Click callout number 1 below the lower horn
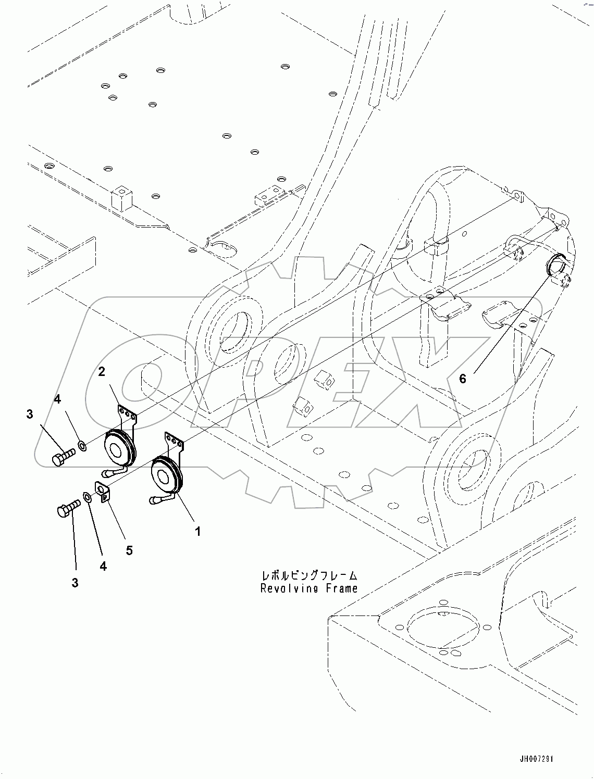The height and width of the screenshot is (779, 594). pos(197,532)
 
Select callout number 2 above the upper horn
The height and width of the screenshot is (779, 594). pos(102,372)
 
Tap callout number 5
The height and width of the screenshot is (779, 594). pos(129,550)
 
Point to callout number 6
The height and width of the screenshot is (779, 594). pos(463,379)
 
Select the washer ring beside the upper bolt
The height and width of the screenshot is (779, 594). pos(82,445)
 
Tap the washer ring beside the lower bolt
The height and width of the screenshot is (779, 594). pos(88,496)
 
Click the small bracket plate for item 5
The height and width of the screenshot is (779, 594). pos(102,492)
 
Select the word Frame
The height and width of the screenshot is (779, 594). pos(340,588)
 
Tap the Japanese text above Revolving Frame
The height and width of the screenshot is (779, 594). pos(310,576)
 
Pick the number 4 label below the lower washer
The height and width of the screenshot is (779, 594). pos(103,566)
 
